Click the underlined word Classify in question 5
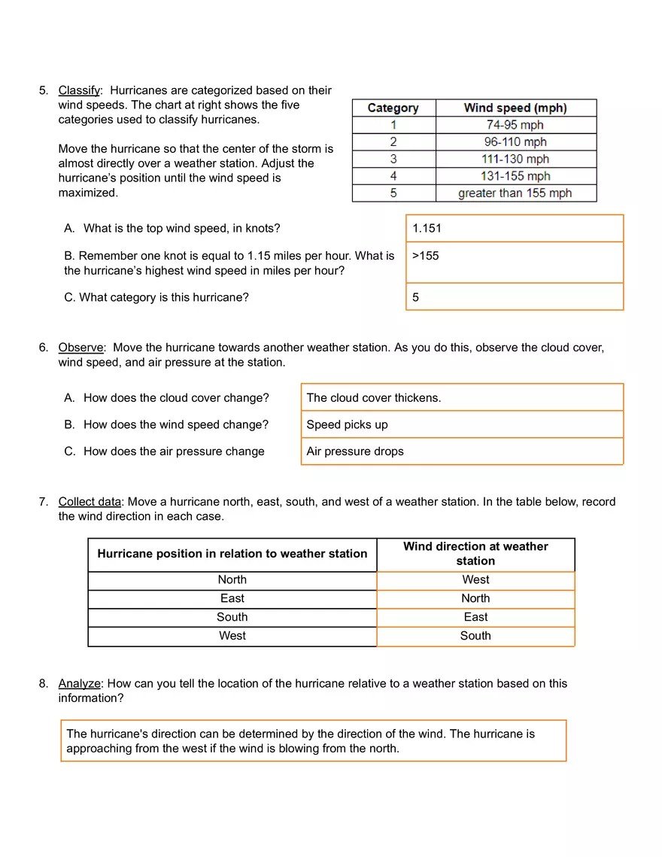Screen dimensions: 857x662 tap(79, 90)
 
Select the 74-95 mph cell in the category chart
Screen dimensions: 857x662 tap(515, 125)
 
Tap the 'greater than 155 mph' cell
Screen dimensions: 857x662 tap(515, 193)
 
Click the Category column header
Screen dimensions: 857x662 tap(393, 108)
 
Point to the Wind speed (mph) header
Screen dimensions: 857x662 tap(515, 108)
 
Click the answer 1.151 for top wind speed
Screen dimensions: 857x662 tap(427, 228)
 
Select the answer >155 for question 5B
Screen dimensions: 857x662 tap(426, 256)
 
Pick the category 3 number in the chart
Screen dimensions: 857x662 tap(393, 159)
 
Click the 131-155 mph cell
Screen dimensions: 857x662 tap(515, 176)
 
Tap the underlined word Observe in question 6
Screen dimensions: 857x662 tap(80, 348)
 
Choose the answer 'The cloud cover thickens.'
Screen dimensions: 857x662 tap(374, 398)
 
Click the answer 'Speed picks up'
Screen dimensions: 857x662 tap(348, 425)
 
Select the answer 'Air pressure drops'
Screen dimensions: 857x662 tap(355, 451)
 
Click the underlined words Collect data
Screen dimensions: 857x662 tap(90, 502)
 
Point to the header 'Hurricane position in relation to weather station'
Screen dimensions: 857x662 tap(232, 554)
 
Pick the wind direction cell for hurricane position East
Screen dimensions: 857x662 tap(475, 598)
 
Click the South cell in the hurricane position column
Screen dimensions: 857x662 tap(232, 617)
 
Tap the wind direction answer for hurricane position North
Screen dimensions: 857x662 tap(475, 580)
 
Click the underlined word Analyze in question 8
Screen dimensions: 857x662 tap(79, 684)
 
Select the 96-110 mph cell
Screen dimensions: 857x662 tap(515, 142)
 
